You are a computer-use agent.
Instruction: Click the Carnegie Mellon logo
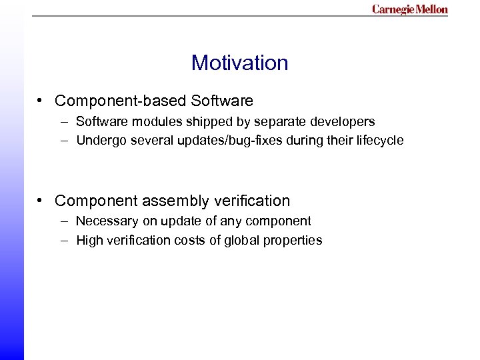409,9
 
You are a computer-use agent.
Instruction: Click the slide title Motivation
239,63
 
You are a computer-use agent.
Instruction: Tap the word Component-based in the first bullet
121,101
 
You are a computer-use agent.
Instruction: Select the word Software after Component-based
222,101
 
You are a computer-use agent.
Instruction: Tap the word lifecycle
379,141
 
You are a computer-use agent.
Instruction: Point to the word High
89,241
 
